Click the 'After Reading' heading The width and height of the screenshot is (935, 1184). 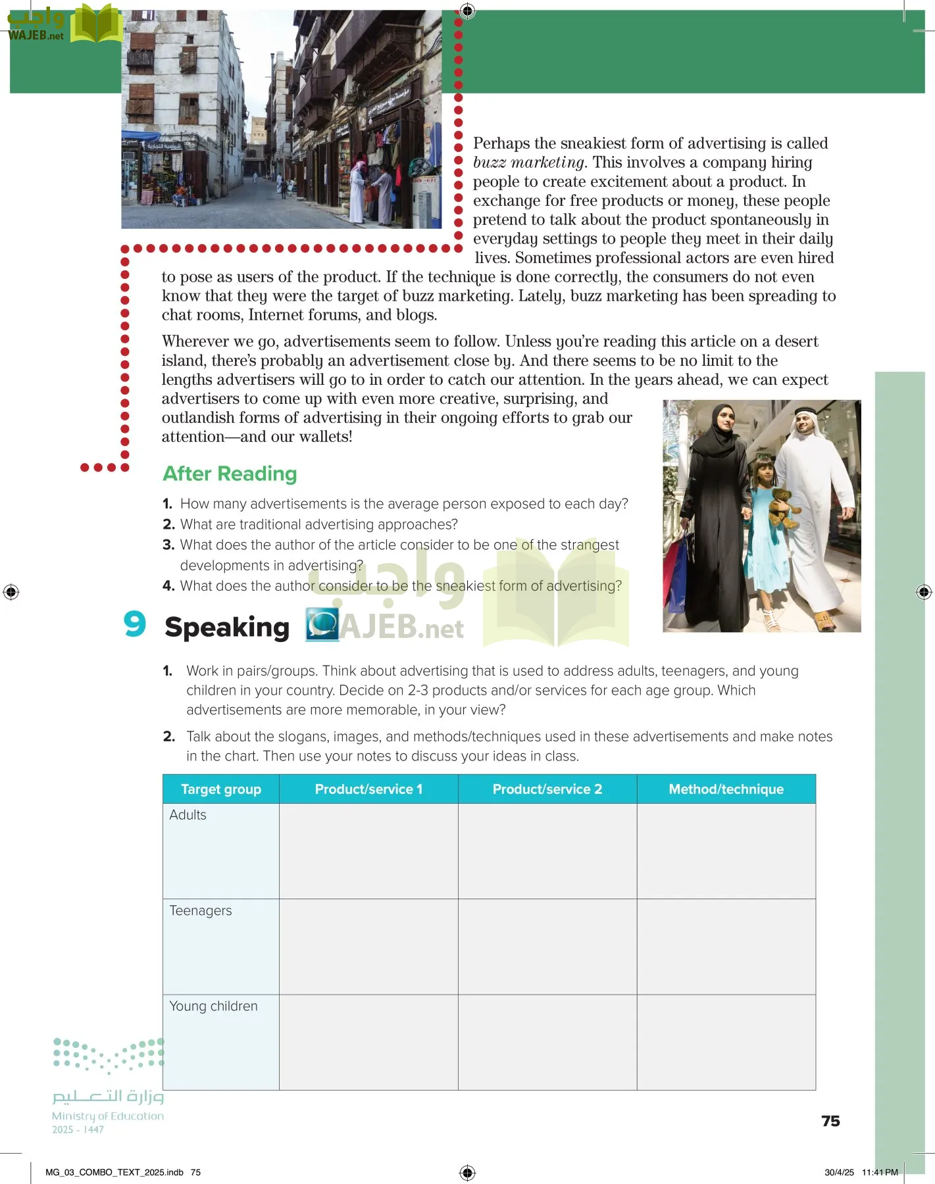coord(230,474)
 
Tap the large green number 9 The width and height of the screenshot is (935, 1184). coord(135,624)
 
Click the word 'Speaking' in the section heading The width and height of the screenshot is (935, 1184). coord(227,628)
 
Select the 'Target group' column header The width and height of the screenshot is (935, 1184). coord(221,789)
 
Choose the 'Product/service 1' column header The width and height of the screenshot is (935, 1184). coord(368,789)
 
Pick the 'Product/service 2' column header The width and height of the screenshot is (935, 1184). coord(547,789)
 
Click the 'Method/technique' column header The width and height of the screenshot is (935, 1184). coord(726,789)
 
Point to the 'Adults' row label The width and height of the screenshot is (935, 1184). coord(188,815)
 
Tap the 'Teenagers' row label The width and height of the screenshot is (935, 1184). coord(201,911)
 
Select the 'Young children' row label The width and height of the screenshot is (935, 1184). coord(213,1006)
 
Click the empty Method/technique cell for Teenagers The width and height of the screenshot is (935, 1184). coord(726,947)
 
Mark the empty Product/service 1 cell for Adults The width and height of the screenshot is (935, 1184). coord(368,851)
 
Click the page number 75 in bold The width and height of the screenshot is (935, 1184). coord(830,1122)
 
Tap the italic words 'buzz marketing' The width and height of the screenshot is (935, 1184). coord(528,162)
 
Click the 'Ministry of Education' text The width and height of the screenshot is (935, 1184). coord(108,1116)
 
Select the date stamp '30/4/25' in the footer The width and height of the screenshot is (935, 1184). coord(839,1172)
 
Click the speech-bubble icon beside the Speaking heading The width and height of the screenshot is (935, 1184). coord(322,624)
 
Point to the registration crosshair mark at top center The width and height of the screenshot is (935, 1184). coord(467,11)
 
